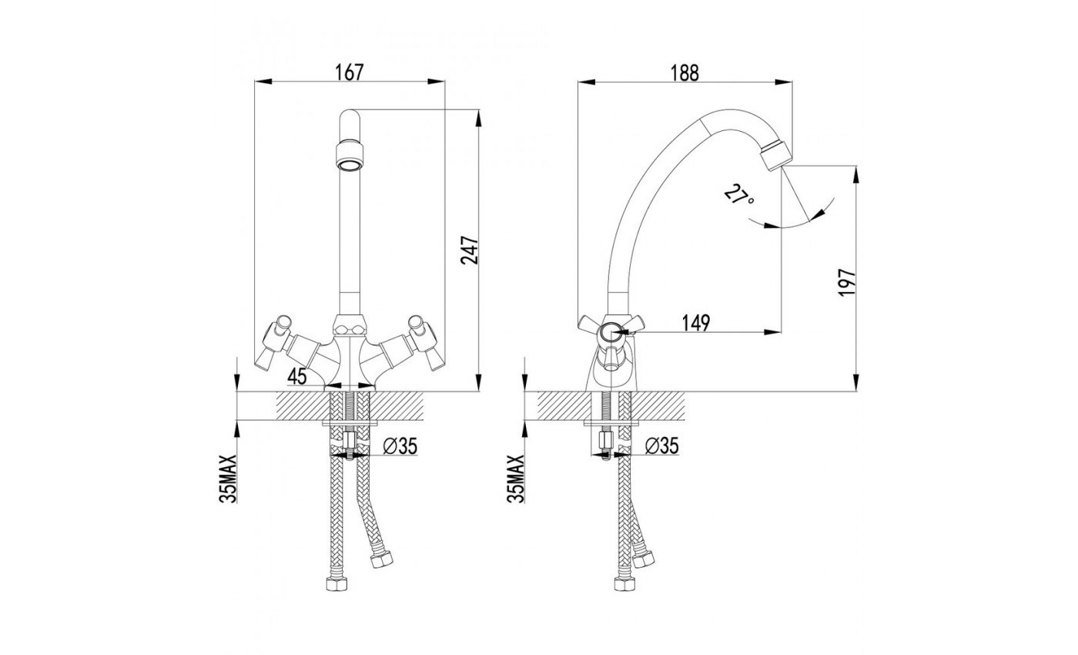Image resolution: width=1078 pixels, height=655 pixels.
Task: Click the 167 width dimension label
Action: click(350, 72)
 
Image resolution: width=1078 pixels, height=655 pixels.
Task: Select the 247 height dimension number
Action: click(469, 250)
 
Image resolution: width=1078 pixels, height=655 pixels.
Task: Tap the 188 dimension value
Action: click(685, 73)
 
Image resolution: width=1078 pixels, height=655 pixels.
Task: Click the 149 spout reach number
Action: click(696, 323)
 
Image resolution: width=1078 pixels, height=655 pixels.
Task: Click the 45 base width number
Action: click(297, 376)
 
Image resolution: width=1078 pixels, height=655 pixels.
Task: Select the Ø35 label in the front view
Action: click(400, 446)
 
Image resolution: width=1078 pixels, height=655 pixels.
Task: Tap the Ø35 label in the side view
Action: click(661, 446)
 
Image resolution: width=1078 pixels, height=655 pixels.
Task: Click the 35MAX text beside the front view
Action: click(229, 479)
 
